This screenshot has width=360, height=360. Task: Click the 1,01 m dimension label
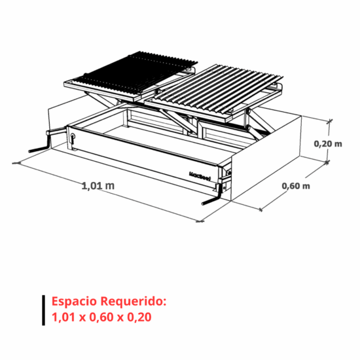(x=98, y=185)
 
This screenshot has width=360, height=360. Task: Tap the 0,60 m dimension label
(x=296, y=186)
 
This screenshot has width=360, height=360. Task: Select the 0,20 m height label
(x=328, y=144)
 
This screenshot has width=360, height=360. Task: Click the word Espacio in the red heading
(x=74, y=302)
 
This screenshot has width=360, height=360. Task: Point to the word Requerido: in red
(x=134, y=301)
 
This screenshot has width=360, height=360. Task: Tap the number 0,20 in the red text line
(x=139, y=317)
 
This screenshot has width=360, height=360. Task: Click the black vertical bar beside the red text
(x=43, y=310)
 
